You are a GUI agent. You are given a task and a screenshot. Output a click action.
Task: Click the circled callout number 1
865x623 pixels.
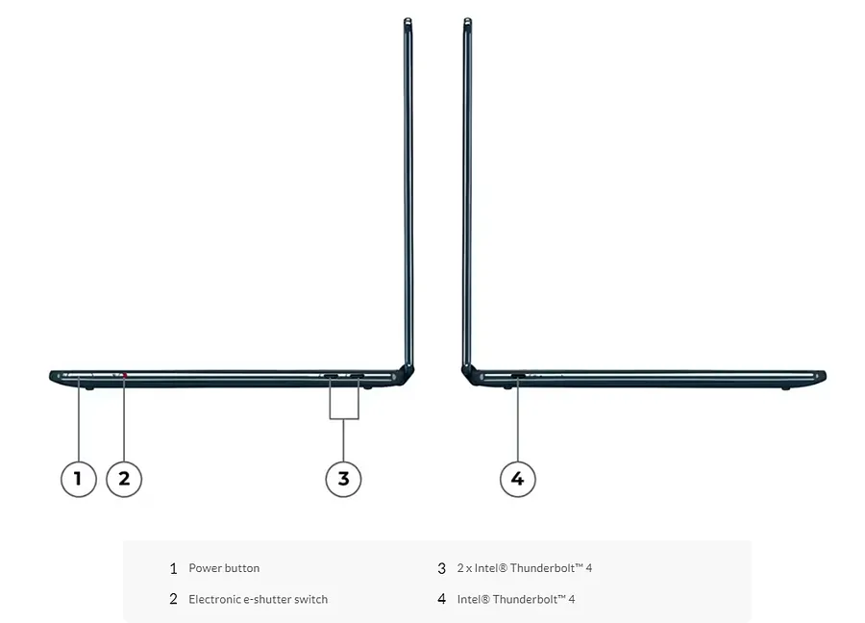[79, 479]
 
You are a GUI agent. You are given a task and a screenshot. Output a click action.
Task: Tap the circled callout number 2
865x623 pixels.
[124, 479]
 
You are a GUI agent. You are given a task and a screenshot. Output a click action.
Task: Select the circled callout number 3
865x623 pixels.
[343, 479]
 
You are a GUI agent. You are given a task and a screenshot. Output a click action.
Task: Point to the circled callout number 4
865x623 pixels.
[517, 479]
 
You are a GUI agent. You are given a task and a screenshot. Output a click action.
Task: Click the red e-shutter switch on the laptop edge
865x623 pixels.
[125, 375]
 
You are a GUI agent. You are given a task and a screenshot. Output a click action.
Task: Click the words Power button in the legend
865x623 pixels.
[224, 568]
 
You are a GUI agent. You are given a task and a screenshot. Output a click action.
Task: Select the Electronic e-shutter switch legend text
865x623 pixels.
[259, 599]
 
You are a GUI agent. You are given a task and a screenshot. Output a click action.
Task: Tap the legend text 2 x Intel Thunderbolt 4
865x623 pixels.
[525, 568]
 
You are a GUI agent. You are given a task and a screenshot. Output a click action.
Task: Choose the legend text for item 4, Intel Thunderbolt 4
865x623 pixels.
[516, 599]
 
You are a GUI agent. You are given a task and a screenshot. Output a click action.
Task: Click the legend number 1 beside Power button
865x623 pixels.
[174, 568]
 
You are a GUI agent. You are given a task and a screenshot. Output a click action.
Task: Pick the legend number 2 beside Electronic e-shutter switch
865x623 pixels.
[174, 599]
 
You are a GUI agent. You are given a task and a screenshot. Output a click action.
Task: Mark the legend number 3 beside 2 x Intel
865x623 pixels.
[441, 568]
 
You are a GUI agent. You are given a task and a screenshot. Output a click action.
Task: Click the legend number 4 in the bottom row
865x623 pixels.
[441, 599]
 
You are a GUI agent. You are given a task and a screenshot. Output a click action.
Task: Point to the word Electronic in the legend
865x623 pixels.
[214, 599]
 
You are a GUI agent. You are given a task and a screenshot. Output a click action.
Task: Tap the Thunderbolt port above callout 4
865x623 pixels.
[518, 376]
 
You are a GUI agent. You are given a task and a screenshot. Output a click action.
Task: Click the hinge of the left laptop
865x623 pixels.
[408, 374]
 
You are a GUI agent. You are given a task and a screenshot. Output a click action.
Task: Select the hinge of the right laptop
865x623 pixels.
[469, 374]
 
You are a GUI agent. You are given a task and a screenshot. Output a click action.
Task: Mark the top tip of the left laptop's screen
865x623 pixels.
[408, 19]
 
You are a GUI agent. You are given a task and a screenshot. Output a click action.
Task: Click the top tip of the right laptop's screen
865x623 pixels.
[468, 19]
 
